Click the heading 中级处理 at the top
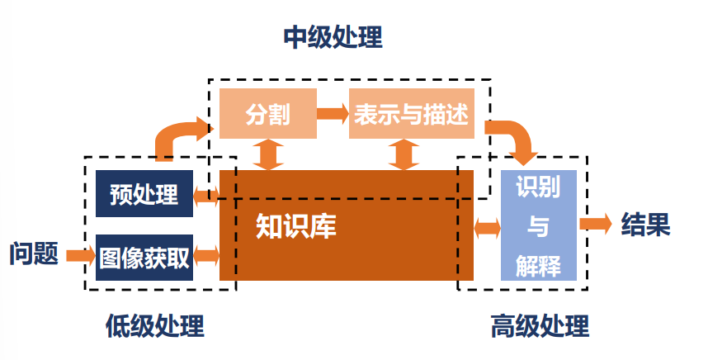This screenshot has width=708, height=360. pos(333,37)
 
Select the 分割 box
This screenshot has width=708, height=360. pos(268,114)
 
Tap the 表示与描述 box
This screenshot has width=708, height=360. pos(411,114)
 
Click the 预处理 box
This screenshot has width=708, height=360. pos(144,195)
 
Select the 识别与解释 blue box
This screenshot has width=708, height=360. pos(537,225)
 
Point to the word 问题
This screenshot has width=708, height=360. pos(34,253)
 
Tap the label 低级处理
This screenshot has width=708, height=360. pos(154,326)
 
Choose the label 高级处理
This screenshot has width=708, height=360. pos(540,326)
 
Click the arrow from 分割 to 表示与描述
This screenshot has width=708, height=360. pos(333,114)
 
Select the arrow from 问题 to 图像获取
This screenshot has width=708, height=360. pos(80,255)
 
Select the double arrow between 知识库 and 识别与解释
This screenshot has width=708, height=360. pos(488,227)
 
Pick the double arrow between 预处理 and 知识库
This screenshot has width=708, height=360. pos(206,197)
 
